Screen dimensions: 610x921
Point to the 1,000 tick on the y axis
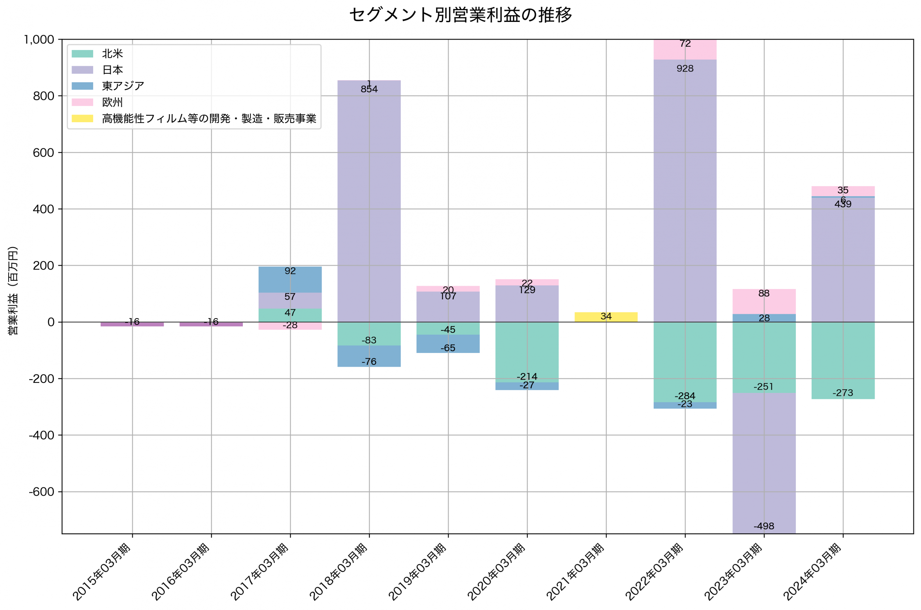tap(39, 40)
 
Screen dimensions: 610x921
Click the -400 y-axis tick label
tap(41, 435)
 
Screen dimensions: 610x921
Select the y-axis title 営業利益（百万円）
tap(13, 290)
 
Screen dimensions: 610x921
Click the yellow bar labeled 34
tap(606, 317)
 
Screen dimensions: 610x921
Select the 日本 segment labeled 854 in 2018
tap(369, 202)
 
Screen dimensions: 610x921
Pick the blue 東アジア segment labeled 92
tap(290, 279)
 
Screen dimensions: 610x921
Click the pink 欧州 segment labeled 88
tap(764, 302)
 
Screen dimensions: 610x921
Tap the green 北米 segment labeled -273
tap(843, 360)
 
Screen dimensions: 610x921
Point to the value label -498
tap(764, 526)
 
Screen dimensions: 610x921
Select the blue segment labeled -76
tap(369, 356)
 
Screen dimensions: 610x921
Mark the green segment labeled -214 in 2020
tap(527, 352)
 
